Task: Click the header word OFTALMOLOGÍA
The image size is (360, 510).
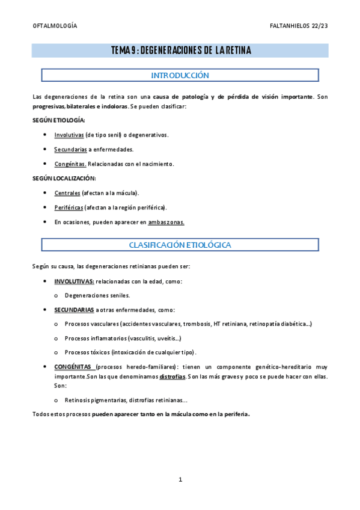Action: click(54, 26)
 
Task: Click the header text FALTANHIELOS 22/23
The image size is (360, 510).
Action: click(299, 26)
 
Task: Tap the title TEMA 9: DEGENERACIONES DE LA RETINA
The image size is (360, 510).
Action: click(181, 50)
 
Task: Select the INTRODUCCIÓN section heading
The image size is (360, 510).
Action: click(180, 76)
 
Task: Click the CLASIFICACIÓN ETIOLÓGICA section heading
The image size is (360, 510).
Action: click(180, 245)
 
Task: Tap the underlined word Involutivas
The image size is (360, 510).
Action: click(69, 135)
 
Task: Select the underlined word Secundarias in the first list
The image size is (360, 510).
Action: click(70, 149)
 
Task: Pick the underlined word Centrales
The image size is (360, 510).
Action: click(67, 193)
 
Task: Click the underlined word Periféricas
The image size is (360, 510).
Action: click(69, 207)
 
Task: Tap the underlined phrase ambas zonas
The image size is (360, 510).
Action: click(166, 222)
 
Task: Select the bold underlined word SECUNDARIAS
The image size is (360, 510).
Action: click(73, 310)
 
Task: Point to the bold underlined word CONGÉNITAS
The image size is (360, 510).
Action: click(73, 366)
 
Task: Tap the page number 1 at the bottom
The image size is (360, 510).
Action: click(180, 479)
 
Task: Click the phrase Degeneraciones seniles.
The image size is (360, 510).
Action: click(97, 296)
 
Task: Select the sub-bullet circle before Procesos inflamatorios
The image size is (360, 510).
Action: click(56, 338)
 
